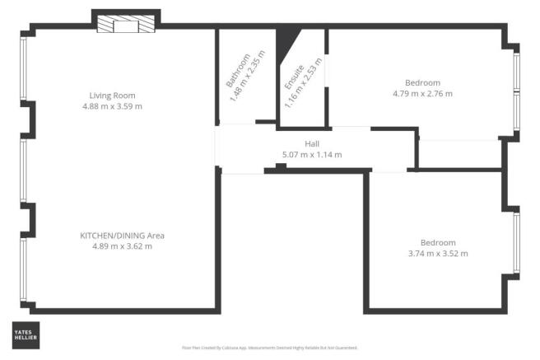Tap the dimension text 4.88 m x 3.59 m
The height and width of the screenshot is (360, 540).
(113, 106)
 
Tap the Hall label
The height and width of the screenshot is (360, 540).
(312, 143)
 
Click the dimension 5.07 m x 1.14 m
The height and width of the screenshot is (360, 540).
(312, 154)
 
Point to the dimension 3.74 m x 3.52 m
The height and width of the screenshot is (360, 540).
(438, 254)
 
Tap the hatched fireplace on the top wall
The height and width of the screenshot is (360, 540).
(125, 26)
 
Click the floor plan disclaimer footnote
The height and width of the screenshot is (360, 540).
(270, 348)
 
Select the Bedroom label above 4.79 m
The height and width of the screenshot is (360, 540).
(423, 82)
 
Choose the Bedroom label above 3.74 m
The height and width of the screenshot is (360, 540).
(438, 242)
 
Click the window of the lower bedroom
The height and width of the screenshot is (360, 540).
(517, 242)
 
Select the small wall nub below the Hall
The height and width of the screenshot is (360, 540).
(281, 167)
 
